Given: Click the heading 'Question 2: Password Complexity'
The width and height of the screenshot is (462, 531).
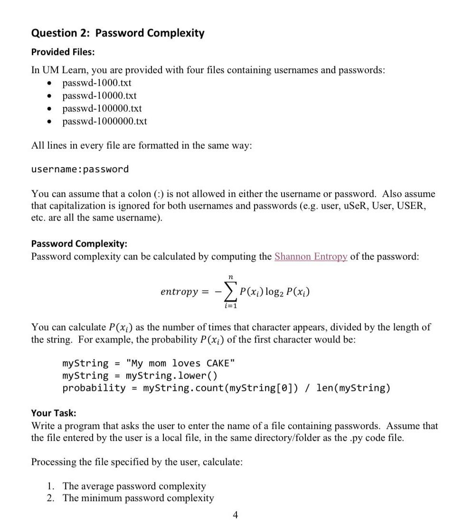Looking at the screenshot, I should click(x=118, y=33).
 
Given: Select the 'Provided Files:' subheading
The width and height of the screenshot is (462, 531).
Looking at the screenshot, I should click(x=63, y=52).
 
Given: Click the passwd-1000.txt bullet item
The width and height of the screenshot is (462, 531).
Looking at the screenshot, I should click(x=97, y=83).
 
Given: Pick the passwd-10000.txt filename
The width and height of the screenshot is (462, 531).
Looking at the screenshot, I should click(x=99, y=96).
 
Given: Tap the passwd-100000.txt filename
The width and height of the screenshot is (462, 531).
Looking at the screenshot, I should click(x=102, y=109).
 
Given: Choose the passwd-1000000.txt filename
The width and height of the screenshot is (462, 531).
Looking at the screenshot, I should click(x=104, y=121).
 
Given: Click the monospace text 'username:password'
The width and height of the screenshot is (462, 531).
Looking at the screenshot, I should click(x=80, y=169).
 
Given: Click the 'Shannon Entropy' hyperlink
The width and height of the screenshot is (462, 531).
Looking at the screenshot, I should click(x=311, y=257).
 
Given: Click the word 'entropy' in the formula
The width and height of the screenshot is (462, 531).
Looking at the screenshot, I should click(x=179, y=292).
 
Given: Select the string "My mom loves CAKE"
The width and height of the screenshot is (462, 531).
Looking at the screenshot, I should click(x=180, y=363).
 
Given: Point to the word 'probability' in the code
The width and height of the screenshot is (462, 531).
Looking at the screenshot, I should click(x=94, y=388).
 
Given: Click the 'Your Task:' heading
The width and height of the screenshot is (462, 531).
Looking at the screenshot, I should click(x=54, y=413).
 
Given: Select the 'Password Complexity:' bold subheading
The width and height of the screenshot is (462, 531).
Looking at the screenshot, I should click(x=79, y=244).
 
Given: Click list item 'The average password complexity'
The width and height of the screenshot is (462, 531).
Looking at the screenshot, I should click(x=134, y=486).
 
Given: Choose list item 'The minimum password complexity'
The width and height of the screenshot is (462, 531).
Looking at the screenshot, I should click(x=138, y=498).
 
